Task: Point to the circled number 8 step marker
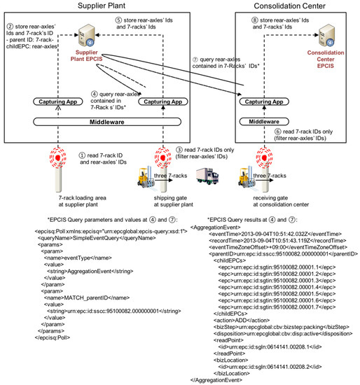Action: coord(247,20)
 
